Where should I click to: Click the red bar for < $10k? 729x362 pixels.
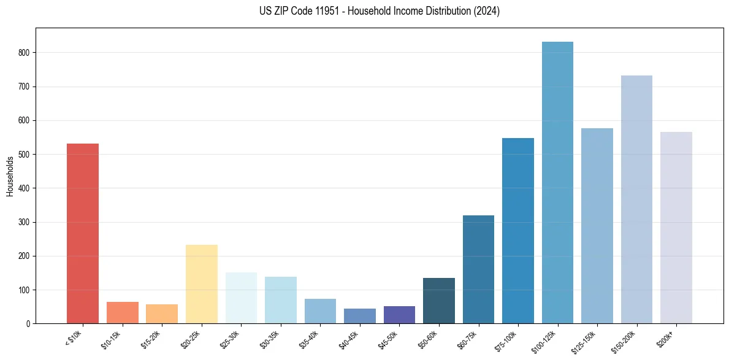tap(83, 233)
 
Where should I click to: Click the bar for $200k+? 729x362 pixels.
tap(676, 228)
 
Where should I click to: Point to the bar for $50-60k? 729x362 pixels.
tap(439, 301)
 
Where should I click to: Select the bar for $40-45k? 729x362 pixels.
tap(360, 316)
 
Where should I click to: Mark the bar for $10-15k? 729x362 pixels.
tap(123, 312)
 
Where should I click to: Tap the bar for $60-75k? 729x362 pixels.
tap(478, 269)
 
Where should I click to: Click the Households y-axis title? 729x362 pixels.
tap(10, 176)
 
